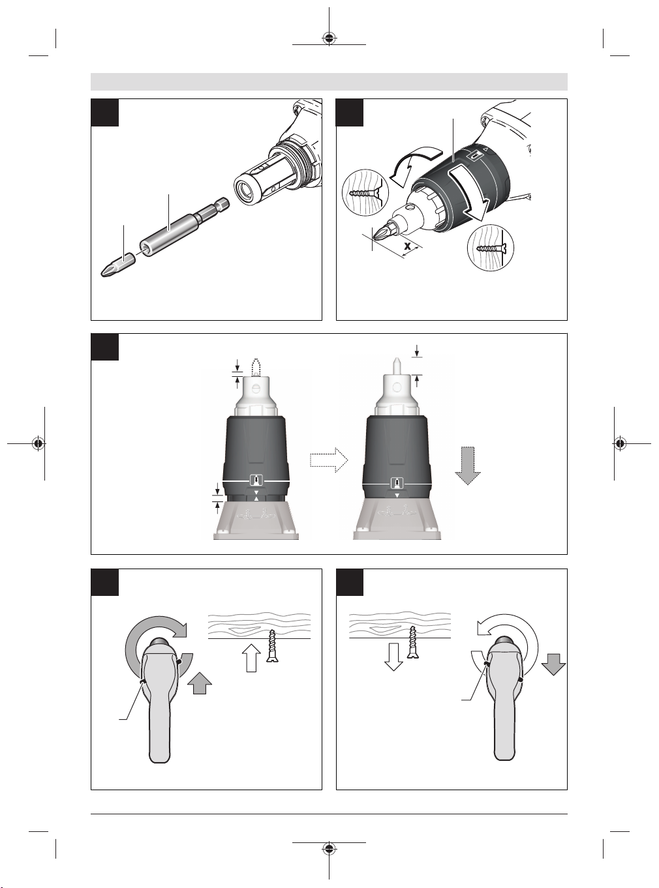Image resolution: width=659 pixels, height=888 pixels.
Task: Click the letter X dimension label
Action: [x=407, y=246]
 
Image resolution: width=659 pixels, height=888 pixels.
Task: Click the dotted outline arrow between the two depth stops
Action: [x=329, y=460]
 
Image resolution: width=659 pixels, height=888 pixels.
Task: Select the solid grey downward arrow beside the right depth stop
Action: [x=467, y=466]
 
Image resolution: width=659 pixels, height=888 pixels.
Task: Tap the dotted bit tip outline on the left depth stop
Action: [x=255, y=367]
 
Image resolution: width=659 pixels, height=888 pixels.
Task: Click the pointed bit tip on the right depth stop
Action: [x=396, y=365]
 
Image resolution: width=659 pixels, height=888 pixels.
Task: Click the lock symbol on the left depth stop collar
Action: [x=256, y=480]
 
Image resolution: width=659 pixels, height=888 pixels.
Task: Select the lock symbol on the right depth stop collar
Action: [x=397, y=484]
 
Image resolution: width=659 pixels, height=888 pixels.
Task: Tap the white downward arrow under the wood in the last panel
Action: [x=393, y=657]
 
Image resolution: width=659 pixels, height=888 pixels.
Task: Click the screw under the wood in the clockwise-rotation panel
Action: [x=273, y=645]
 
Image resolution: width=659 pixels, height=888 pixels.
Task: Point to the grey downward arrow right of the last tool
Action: [x=553, y=664]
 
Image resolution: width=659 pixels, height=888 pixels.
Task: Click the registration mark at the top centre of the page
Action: [x=329, y=38]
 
